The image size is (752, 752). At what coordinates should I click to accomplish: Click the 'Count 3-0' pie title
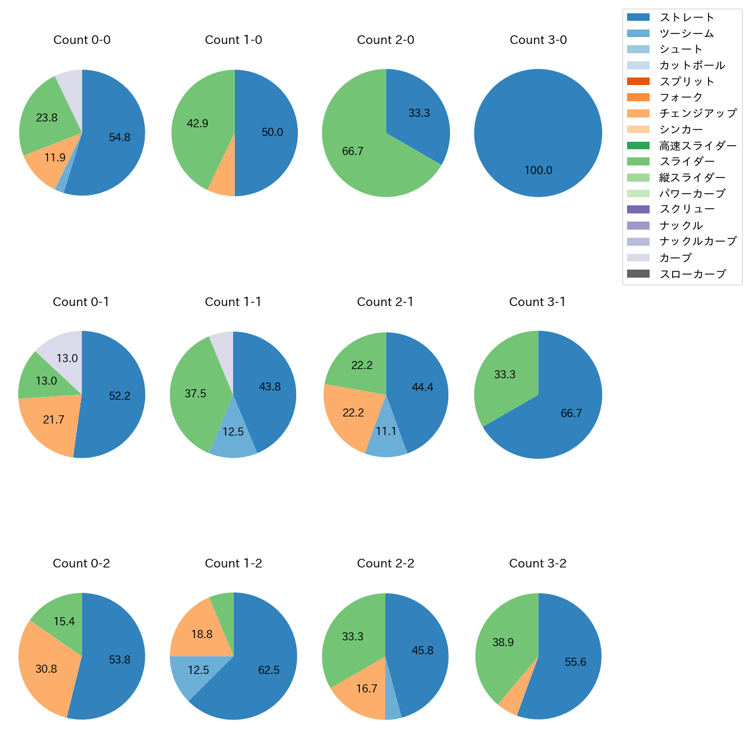point(538,40)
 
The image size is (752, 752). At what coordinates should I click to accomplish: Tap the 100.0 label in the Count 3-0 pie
point(538,170)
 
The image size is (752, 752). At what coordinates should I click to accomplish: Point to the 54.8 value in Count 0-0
point(120,137)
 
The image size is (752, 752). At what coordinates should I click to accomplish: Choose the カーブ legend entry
point(675,258)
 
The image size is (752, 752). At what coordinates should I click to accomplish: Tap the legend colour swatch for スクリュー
point(638,209)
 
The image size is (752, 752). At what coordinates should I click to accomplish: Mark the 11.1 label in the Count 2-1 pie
point(386,432)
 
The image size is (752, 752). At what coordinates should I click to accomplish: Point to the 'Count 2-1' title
point(385,302)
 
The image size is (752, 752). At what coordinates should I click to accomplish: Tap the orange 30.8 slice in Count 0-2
point(46,669)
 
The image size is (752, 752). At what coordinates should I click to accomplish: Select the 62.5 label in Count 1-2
point(269,670)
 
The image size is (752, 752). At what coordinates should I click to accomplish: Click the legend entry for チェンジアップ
point(698,113)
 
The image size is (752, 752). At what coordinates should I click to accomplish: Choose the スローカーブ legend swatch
point(638,274)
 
